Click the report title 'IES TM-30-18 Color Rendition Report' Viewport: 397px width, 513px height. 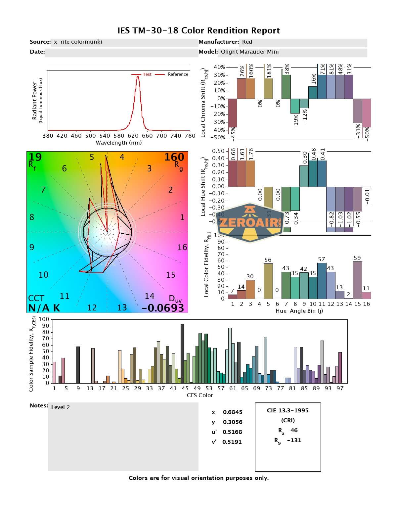click(x=198, y=31)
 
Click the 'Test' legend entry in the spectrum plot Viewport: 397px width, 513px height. click(x=147, y=74)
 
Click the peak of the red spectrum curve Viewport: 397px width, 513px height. click(x=138, y=76)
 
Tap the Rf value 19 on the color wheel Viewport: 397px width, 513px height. click(x=35, y=157)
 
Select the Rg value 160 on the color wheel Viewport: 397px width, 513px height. click(x=174, y=157)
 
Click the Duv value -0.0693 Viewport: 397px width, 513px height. click(x=163, y=308)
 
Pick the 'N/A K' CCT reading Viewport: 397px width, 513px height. click(x=44, y=308)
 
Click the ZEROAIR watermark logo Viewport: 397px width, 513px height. click(x=250, y=222)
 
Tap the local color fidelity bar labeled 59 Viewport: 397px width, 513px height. click(x=357, y=280)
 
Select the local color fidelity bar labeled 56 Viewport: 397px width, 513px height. click(x=268, y=281)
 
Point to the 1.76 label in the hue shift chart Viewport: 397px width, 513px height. click(x=251, y=155)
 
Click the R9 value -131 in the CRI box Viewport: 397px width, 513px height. click(x=294, y=440)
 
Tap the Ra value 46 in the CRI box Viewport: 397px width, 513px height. click(x=294, y=430)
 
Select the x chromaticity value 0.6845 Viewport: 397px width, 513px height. click(x=232, y=412)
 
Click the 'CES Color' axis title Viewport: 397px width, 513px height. click(x=200, y=395)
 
